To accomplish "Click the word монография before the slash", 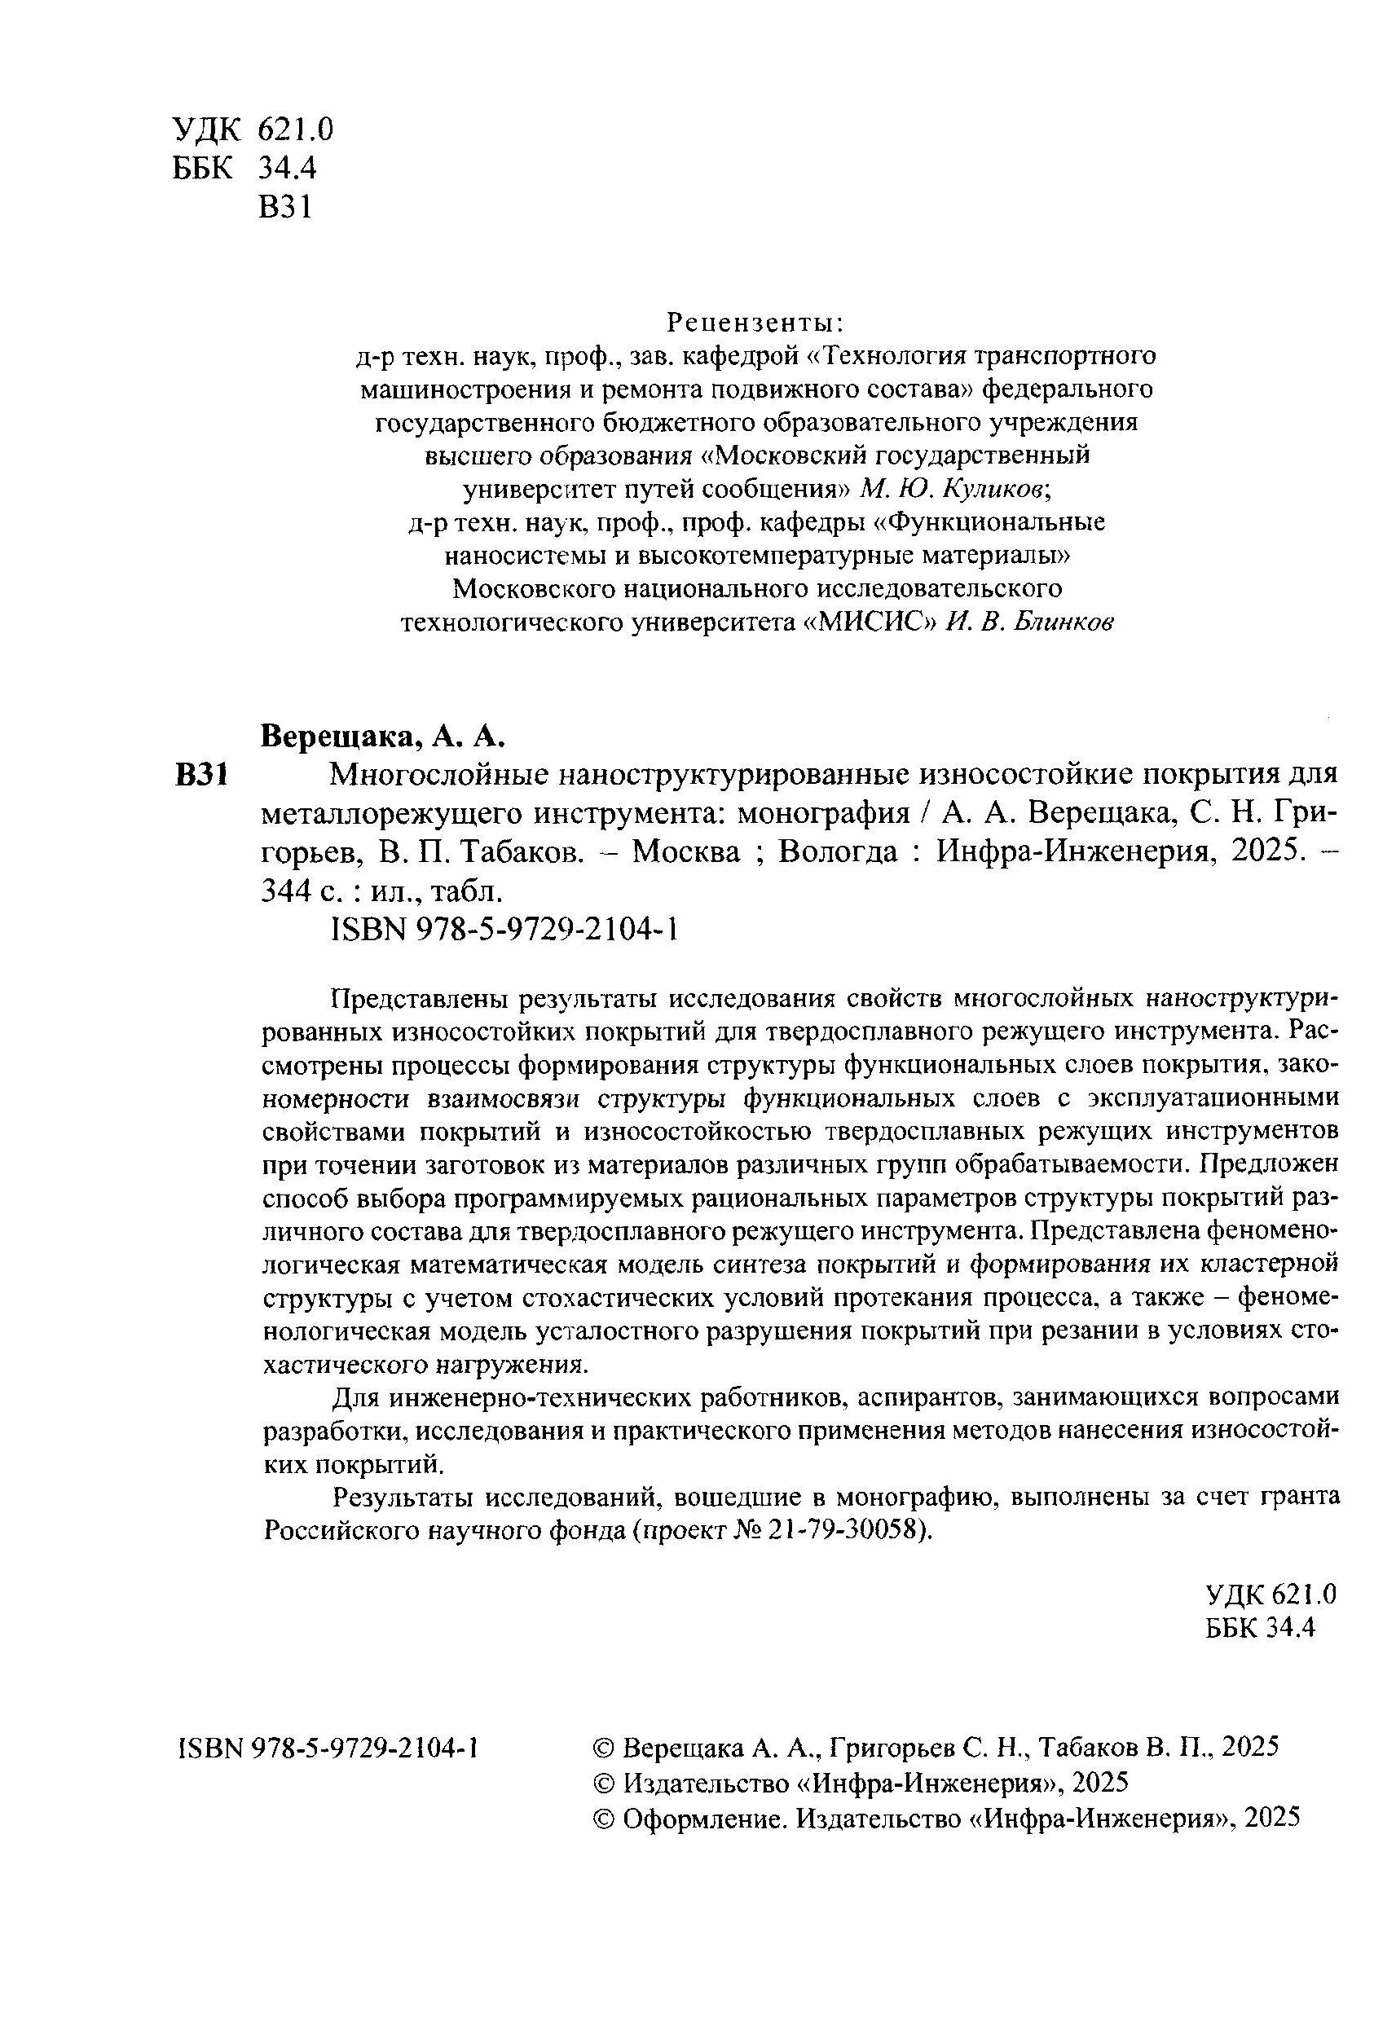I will coord(822,813).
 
